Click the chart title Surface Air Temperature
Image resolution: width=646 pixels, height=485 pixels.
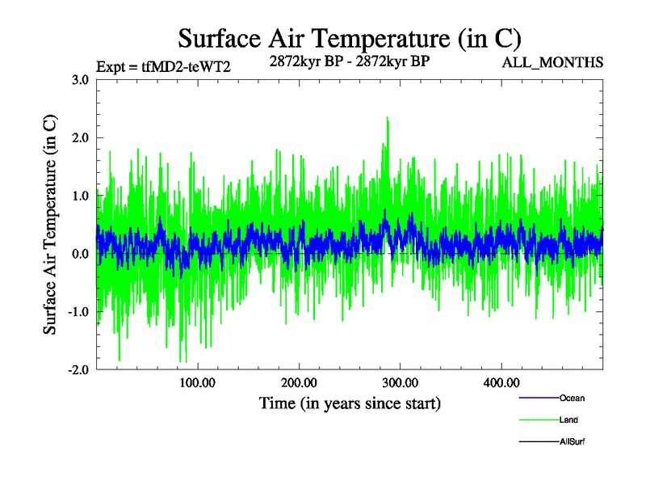350,38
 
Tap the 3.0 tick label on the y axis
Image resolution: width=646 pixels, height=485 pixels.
81,79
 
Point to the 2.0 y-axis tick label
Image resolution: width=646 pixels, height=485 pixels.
81,137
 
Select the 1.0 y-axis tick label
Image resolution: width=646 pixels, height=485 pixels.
81,196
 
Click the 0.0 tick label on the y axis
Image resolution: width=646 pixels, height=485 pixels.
81,254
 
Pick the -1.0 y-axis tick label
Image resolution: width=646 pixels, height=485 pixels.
78,312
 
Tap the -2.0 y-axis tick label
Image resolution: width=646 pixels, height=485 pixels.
78,370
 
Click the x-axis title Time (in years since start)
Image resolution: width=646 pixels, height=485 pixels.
350,403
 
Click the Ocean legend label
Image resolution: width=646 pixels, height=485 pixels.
571,398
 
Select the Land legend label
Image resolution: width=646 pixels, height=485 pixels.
568,420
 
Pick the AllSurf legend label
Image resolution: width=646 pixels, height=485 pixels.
572,441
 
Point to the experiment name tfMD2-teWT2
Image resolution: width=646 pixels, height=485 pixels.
187,67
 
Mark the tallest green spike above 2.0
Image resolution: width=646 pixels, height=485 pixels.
388,118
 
